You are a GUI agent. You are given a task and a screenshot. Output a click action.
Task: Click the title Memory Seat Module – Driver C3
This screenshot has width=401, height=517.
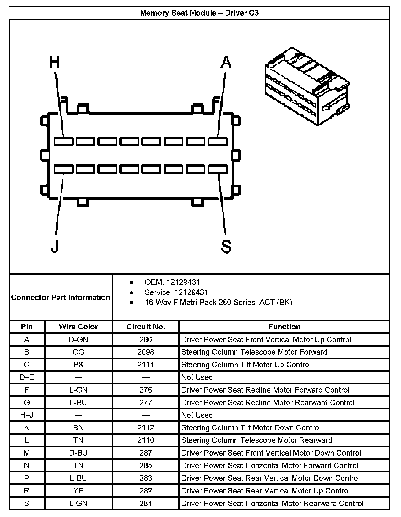pos(199,13)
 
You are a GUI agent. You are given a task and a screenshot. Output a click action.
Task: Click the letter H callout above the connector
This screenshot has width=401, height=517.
pos(54,62)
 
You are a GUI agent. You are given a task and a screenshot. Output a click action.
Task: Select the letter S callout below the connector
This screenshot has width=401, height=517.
pos(226,246)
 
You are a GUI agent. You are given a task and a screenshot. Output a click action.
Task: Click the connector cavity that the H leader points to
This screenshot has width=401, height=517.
pos(64,141)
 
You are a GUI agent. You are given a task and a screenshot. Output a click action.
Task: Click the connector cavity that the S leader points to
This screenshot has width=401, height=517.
pos(218,169)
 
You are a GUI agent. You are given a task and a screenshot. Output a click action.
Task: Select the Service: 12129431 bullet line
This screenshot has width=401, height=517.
pos(176,292)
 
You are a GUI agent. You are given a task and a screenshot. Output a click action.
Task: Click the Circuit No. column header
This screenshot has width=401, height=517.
pos(146,327)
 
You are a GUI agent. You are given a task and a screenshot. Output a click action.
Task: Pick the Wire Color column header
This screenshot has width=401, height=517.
pos(78,327)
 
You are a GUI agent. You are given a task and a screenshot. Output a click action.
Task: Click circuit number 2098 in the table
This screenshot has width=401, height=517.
pos(146,352)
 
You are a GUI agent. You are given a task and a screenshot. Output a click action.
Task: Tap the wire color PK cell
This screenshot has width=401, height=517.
pos(78,365)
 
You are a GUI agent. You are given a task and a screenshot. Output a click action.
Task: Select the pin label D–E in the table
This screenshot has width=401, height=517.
pos(27,377)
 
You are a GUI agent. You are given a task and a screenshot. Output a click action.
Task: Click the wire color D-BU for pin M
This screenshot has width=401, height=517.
pos(78,453)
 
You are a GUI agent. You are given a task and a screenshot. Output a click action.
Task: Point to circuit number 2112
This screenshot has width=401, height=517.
pos(146,427)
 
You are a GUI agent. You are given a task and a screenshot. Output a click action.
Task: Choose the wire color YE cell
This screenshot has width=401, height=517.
pos(78,491)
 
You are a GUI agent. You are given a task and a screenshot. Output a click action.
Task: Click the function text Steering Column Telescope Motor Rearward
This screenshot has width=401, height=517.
pos(257,440)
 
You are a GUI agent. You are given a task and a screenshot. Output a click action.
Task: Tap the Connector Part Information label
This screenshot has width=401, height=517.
pos(61,297)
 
